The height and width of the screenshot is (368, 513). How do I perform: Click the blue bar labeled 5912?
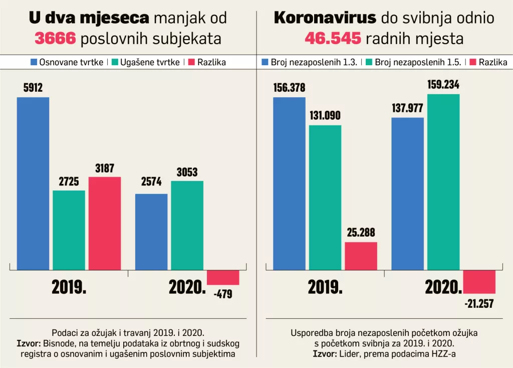(33, 183)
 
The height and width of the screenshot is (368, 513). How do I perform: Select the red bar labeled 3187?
(105, 223)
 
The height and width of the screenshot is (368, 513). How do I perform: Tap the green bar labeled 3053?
(187, 225)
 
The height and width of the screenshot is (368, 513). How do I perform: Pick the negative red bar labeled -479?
(223, 277)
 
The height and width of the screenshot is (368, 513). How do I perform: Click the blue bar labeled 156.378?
(289, 183)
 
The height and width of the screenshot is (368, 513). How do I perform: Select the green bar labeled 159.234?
(443, 181)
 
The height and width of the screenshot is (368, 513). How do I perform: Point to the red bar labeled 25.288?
(361, 256)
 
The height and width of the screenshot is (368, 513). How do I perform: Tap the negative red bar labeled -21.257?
(479, 281)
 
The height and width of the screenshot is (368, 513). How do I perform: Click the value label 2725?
(69, 182)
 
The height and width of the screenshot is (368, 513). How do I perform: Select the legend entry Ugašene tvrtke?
(146, 62)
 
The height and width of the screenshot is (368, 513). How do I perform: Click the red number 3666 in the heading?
(55, 39)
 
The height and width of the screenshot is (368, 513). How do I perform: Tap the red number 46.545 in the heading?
(333, 39)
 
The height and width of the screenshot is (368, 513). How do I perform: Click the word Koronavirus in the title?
(325, 19)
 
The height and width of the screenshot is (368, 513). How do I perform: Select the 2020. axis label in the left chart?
(187, 287)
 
